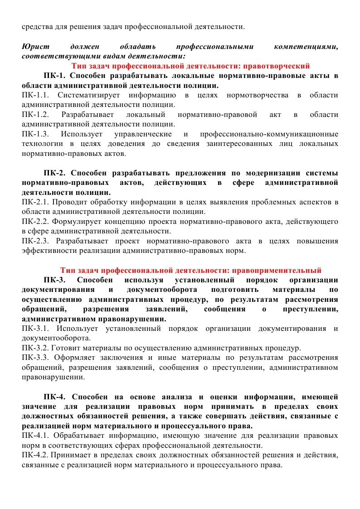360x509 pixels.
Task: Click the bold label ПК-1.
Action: pyautogui.click(x=55, y=75)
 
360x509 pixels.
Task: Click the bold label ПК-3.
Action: pyautogui.click(x=55, y=280)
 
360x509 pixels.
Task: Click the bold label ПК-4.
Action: pyautogui.click(x=55, y=397)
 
